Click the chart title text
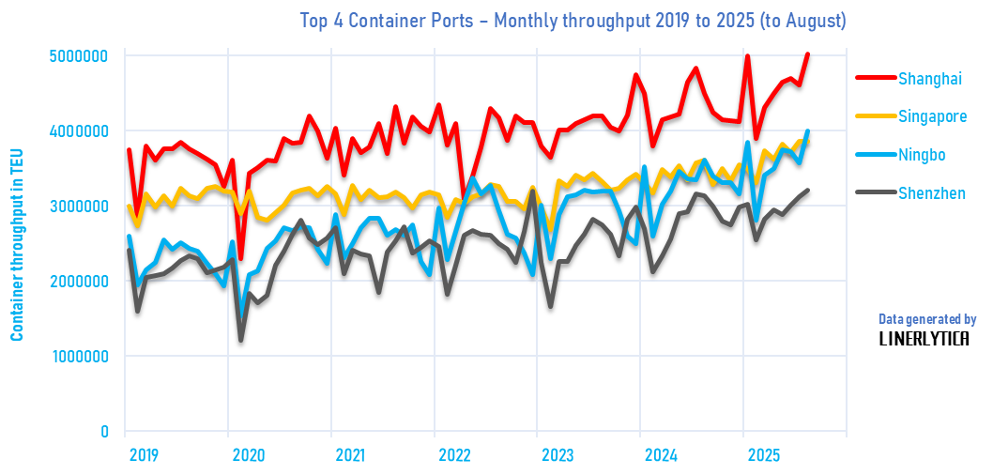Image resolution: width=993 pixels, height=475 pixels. tap(572, 20)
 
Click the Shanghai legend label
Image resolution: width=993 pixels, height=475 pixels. tap(930, 78)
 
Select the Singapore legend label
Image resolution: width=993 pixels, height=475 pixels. tap(932, 116)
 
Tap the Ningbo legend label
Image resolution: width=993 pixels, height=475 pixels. tap(922, 155)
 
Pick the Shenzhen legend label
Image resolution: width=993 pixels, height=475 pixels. tap(931, 193)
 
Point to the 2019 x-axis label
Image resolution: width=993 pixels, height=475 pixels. tap(144, 455)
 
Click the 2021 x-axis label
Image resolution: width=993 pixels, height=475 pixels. tap(349, 455)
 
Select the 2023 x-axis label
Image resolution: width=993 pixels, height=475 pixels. tap(557, 455)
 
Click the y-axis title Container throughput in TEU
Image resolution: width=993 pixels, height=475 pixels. tap(16, 244)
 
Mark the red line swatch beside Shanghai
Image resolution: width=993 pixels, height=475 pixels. tap(870, 78)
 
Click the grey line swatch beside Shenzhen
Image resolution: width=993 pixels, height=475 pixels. tap(870, 193)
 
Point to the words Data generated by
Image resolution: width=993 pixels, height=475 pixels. tap(927, 319)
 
